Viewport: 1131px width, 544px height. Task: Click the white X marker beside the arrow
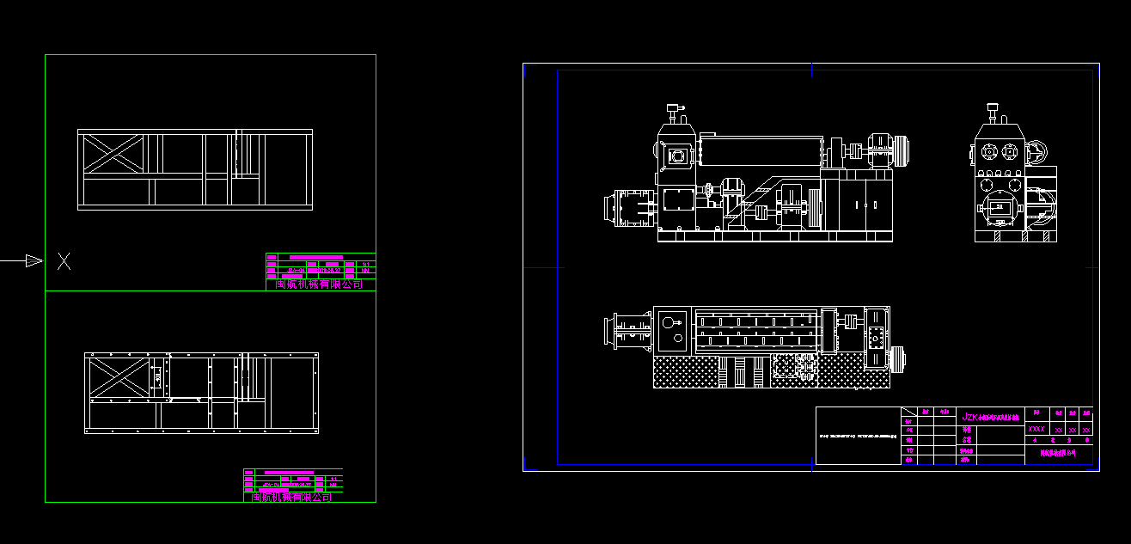(64, 261)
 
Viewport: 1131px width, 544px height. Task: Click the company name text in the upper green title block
(319, 284)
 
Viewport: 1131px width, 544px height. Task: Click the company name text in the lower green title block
(291, 497)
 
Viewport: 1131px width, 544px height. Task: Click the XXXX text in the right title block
(1036, 429)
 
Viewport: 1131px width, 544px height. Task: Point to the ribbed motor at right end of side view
(902, 151)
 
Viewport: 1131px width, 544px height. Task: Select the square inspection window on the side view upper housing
(677, 156)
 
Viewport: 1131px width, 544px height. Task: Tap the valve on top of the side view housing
(673, 113)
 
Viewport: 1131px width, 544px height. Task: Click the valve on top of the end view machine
(993, 111)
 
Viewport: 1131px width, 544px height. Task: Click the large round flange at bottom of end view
(998, 206)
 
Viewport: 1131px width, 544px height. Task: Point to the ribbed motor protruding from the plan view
(900, 358)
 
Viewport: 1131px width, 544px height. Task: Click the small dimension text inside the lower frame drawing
(157, 375)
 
